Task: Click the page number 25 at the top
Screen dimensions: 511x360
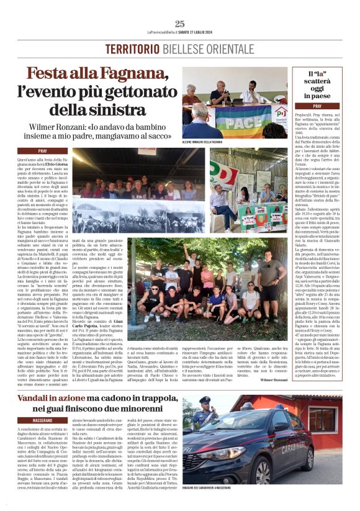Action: coord(179,24)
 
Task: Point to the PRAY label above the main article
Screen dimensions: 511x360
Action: coord(52,151)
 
